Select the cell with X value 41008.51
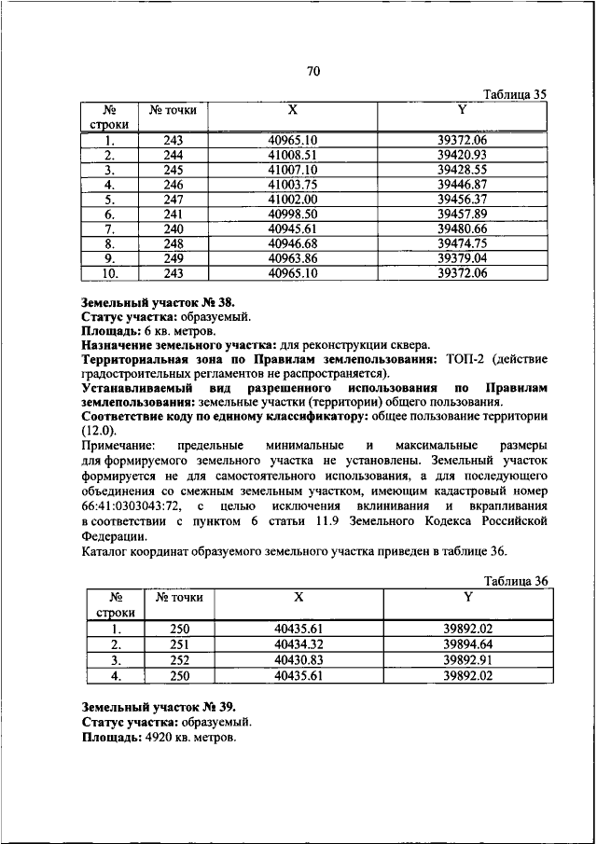tap(293, 155)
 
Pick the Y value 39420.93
tap(463, 155)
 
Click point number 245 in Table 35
tap(173, 170)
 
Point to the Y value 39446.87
tap(463, 185)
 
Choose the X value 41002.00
tap(293, 200)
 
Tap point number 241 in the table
tap(173, 214)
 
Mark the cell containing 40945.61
tap(293, 229)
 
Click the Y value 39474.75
tap(463, 244)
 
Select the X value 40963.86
tap(293, 259)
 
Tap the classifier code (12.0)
tap(99, 430)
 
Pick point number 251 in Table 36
tap(179, 644)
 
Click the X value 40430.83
tap(298, 660)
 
